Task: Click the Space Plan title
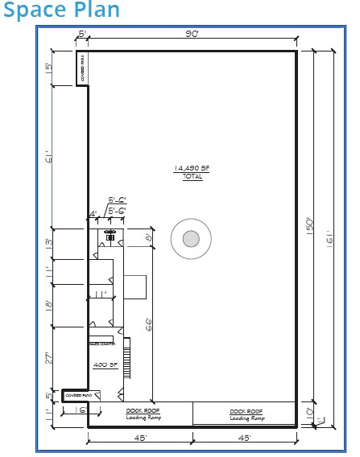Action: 61,11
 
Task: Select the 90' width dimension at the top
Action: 192,33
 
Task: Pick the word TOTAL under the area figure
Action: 192,176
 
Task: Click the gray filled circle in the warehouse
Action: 191,239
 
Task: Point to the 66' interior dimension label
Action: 150,324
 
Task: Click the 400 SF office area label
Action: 106,364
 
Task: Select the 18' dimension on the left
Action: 50,306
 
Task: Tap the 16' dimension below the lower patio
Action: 81,410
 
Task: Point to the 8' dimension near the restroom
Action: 149,238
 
